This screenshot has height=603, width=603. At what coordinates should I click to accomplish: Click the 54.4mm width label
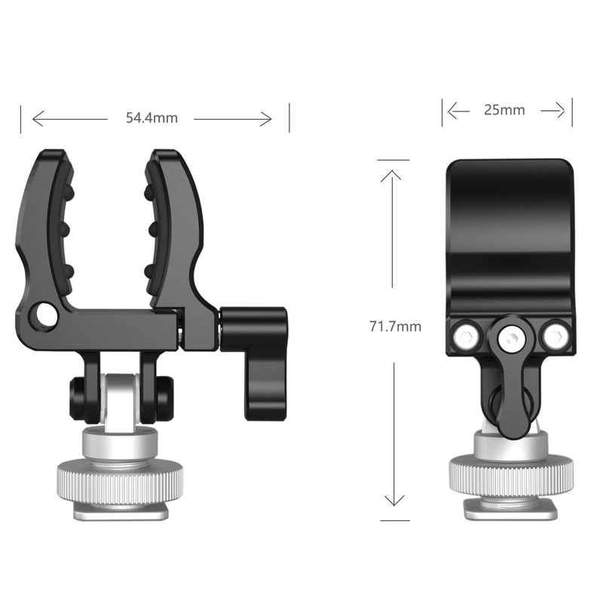[152, 118]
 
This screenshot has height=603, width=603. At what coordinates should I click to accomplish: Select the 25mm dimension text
[504, 110]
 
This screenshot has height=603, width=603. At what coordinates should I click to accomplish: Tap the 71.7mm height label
[395, 326]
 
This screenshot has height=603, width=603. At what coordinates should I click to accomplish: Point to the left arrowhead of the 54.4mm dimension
[36, 118]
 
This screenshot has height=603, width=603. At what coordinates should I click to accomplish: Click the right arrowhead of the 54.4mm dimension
[268, 118]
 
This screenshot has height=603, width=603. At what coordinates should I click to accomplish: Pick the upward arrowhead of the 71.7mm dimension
[393, 174]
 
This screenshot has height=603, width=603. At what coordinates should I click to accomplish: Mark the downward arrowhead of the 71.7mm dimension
[393, 500]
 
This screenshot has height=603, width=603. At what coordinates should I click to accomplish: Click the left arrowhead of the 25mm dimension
[451, 111]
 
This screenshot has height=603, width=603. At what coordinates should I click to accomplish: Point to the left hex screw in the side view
[465, 334]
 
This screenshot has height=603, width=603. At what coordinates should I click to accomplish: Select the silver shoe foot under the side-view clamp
[510, 510]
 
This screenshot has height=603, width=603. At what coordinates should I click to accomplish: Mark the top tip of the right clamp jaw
[161, 155]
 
